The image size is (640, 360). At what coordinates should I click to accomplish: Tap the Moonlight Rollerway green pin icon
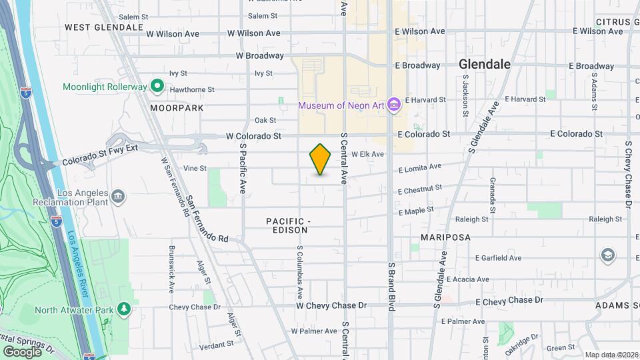157,85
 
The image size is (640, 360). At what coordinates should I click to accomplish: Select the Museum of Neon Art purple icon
394,105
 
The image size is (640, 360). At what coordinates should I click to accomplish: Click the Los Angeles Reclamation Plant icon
118,196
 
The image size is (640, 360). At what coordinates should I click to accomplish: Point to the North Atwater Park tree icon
123,309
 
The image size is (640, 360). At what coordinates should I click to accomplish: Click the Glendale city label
485,64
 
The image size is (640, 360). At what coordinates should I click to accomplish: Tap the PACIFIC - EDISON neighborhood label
289,225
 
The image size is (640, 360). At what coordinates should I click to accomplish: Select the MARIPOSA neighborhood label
446,237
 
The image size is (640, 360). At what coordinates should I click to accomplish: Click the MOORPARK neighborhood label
177,107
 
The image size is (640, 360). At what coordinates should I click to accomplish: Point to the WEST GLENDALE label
104,27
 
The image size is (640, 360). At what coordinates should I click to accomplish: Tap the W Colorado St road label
253,135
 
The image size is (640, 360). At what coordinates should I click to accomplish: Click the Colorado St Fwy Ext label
99,155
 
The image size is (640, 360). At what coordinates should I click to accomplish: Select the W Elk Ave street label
368,154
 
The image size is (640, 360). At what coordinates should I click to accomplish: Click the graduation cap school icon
607,254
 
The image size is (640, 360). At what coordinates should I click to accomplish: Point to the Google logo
23,351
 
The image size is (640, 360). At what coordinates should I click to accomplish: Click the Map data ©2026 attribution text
611,355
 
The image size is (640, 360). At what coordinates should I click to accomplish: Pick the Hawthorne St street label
191,89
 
